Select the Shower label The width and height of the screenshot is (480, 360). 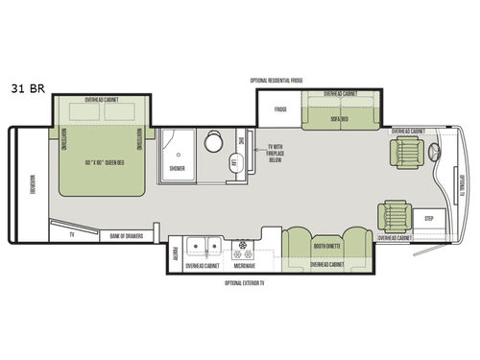pos(178,168)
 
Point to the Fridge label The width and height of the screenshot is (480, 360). pos(280,110)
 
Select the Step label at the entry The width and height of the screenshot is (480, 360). pos(430,219)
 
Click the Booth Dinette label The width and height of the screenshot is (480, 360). pos(327,246)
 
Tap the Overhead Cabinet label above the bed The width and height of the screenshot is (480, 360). pos(101,100)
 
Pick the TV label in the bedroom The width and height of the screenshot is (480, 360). pos(71,234)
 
